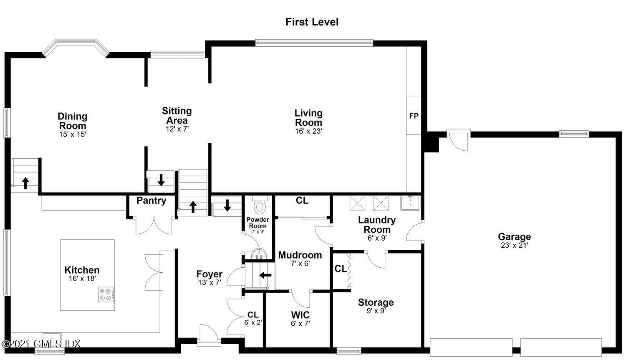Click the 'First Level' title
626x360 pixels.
point(312,22)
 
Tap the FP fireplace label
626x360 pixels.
point(414,116)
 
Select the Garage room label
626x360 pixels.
point(514,237)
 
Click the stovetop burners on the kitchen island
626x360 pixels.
point(106,294)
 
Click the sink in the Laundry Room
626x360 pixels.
point(410,203)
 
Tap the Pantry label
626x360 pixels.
point(151,200)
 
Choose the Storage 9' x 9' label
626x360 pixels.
point(376,306)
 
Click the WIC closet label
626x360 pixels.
point(300,314)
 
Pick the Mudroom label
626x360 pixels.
point(300,255)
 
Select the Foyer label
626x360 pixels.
point(210,274)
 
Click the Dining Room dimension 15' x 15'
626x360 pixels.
point(72,134)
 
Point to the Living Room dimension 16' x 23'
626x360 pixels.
point(308,131)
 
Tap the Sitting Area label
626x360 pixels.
point(177,116)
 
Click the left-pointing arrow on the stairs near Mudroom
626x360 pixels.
point(265,275)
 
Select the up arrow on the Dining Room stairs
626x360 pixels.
point(25,183)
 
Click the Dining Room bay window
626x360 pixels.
point(76,48)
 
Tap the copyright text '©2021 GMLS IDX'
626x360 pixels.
point(41,344)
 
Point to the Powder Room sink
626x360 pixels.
point(259,254)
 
